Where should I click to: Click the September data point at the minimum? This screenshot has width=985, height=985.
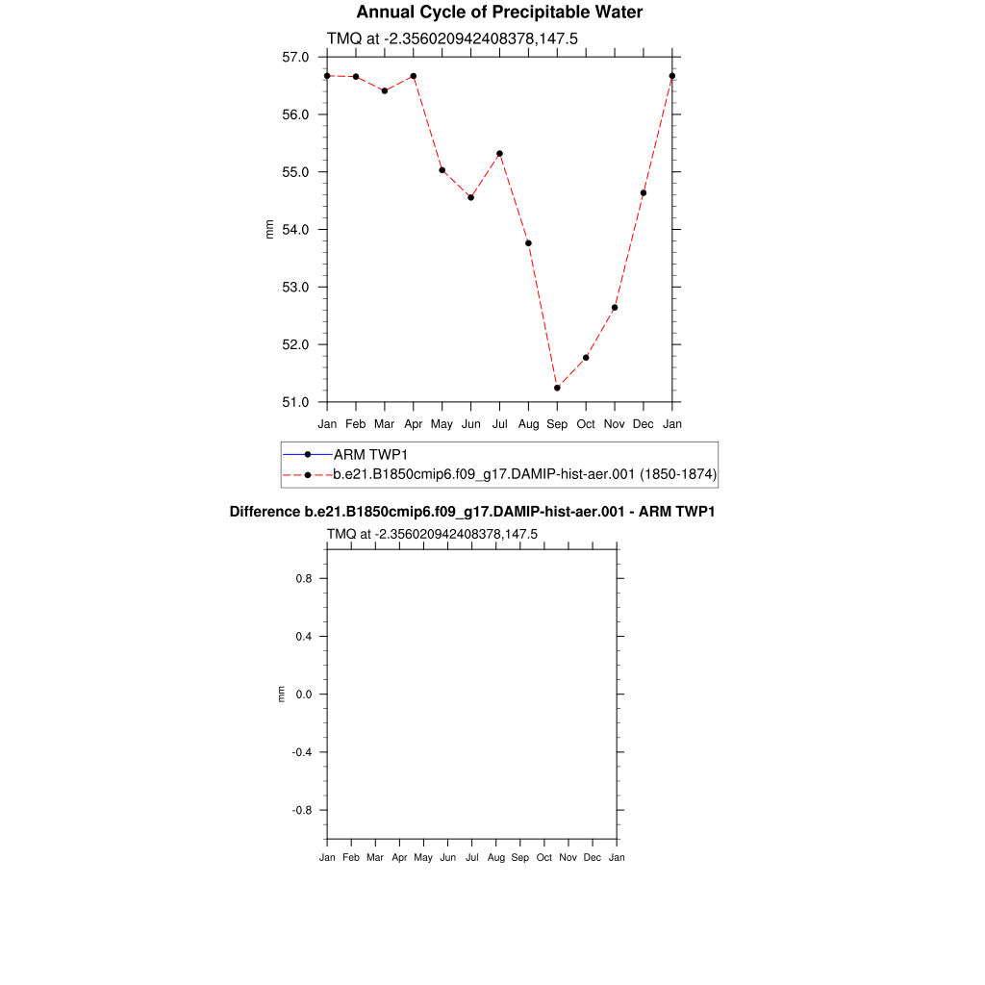[x=557, y=388]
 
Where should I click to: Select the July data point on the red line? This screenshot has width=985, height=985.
[x=500, y=154]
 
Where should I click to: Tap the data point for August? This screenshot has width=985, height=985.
[x=528, y=243]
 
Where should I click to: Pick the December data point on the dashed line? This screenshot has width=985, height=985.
[x=644, y=193]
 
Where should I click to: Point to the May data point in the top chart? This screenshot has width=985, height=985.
[x=442, y=170]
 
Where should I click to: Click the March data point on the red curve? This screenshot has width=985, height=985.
[x=385, y=90]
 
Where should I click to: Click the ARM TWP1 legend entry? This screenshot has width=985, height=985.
[x=371, y=454]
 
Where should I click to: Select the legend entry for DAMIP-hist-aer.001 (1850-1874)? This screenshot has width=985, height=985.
[x=524, y=474]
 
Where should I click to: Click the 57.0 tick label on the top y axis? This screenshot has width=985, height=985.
[x=295, y=58]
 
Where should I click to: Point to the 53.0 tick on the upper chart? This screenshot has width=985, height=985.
[x=295, y=288]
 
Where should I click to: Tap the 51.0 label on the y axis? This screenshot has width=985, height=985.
[x=295, y=402]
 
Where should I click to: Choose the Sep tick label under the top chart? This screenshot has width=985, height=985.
[x=557, y=424]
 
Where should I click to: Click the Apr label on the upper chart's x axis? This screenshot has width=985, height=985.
[x=414, y=424]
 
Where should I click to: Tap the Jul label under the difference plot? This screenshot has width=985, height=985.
[x=471, y=857]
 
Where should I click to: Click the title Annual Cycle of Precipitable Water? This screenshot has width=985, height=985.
[x=499, y=13]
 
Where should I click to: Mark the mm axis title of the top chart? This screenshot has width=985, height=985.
[x=269, y=229]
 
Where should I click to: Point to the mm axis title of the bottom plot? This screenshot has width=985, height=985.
[x=281, y=694]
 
